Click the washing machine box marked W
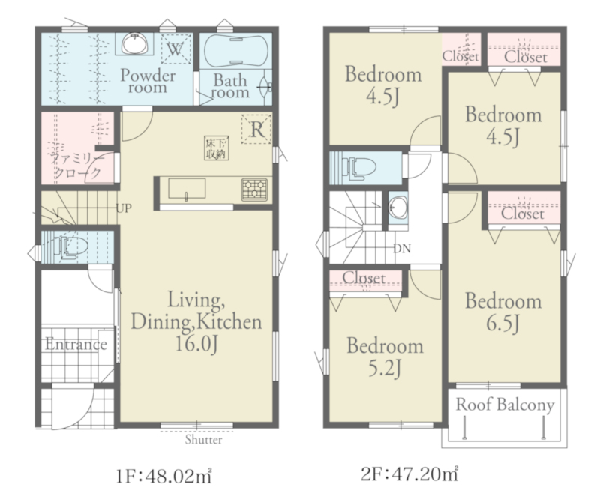pyautogui.click(x=175, y=49)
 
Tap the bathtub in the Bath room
pyautogui.click(x=235, y=51)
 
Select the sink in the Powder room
pyautogui.click(x=134, y=44)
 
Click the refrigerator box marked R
pyautogui.click(x=256, y=129)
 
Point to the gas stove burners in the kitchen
pyautogui.click(x=254, y=190)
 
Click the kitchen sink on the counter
pyautogui.click(x=187, y=188)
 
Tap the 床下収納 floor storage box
pyautogui.click(x=216, y=148)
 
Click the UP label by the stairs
pyautogui.click(x=124, y=208)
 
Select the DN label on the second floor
pyautogui.click(x=402, y=249)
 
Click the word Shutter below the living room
pyautogui.click(x=203, y=440)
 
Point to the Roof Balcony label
pyautogui.click(x=505, y=405)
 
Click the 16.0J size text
pyautogui.click(x=196, y=345)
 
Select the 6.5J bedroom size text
pyautogui.click(x=502, y=324)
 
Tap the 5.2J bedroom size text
pyautogui.click(x=385, y=368)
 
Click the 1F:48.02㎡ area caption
pyautogui.click(x=163, y=477)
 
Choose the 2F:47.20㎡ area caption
pyautogui.click(x=409, y=474)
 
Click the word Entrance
pyautogui.click(x=76, y=345)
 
